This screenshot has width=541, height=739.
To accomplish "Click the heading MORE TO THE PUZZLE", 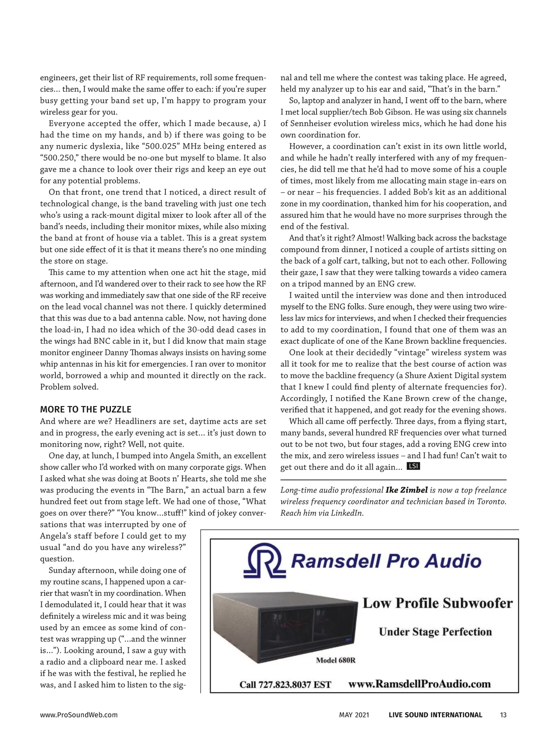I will [x=86, y=410].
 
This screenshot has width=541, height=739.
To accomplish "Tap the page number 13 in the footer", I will [x=503, y=715].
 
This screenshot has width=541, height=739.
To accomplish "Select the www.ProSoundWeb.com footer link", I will [x=79, y=715].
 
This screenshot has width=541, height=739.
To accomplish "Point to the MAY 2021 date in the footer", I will [x=354, y=715].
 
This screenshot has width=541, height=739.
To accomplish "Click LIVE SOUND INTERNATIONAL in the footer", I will [x=435, y=715].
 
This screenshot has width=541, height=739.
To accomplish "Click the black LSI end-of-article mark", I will [x=413, y=466].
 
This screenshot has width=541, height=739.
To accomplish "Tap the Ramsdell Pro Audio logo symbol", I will [x=264, y=561].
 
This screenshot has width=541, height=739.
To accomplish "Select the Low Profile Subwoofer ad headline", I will [x=437, y=603].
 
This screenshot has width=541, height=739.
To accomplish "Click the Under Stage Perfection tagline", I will [x=435, y=632].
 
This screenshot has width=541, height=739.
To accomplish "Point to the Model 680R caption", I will [x=335, y=660].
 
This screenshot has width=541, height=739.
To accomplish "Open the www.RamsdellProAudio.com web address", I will [x=419, y=684].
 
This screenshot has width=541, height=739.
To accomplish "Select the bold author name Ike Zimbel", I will [x=407, y=490].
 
